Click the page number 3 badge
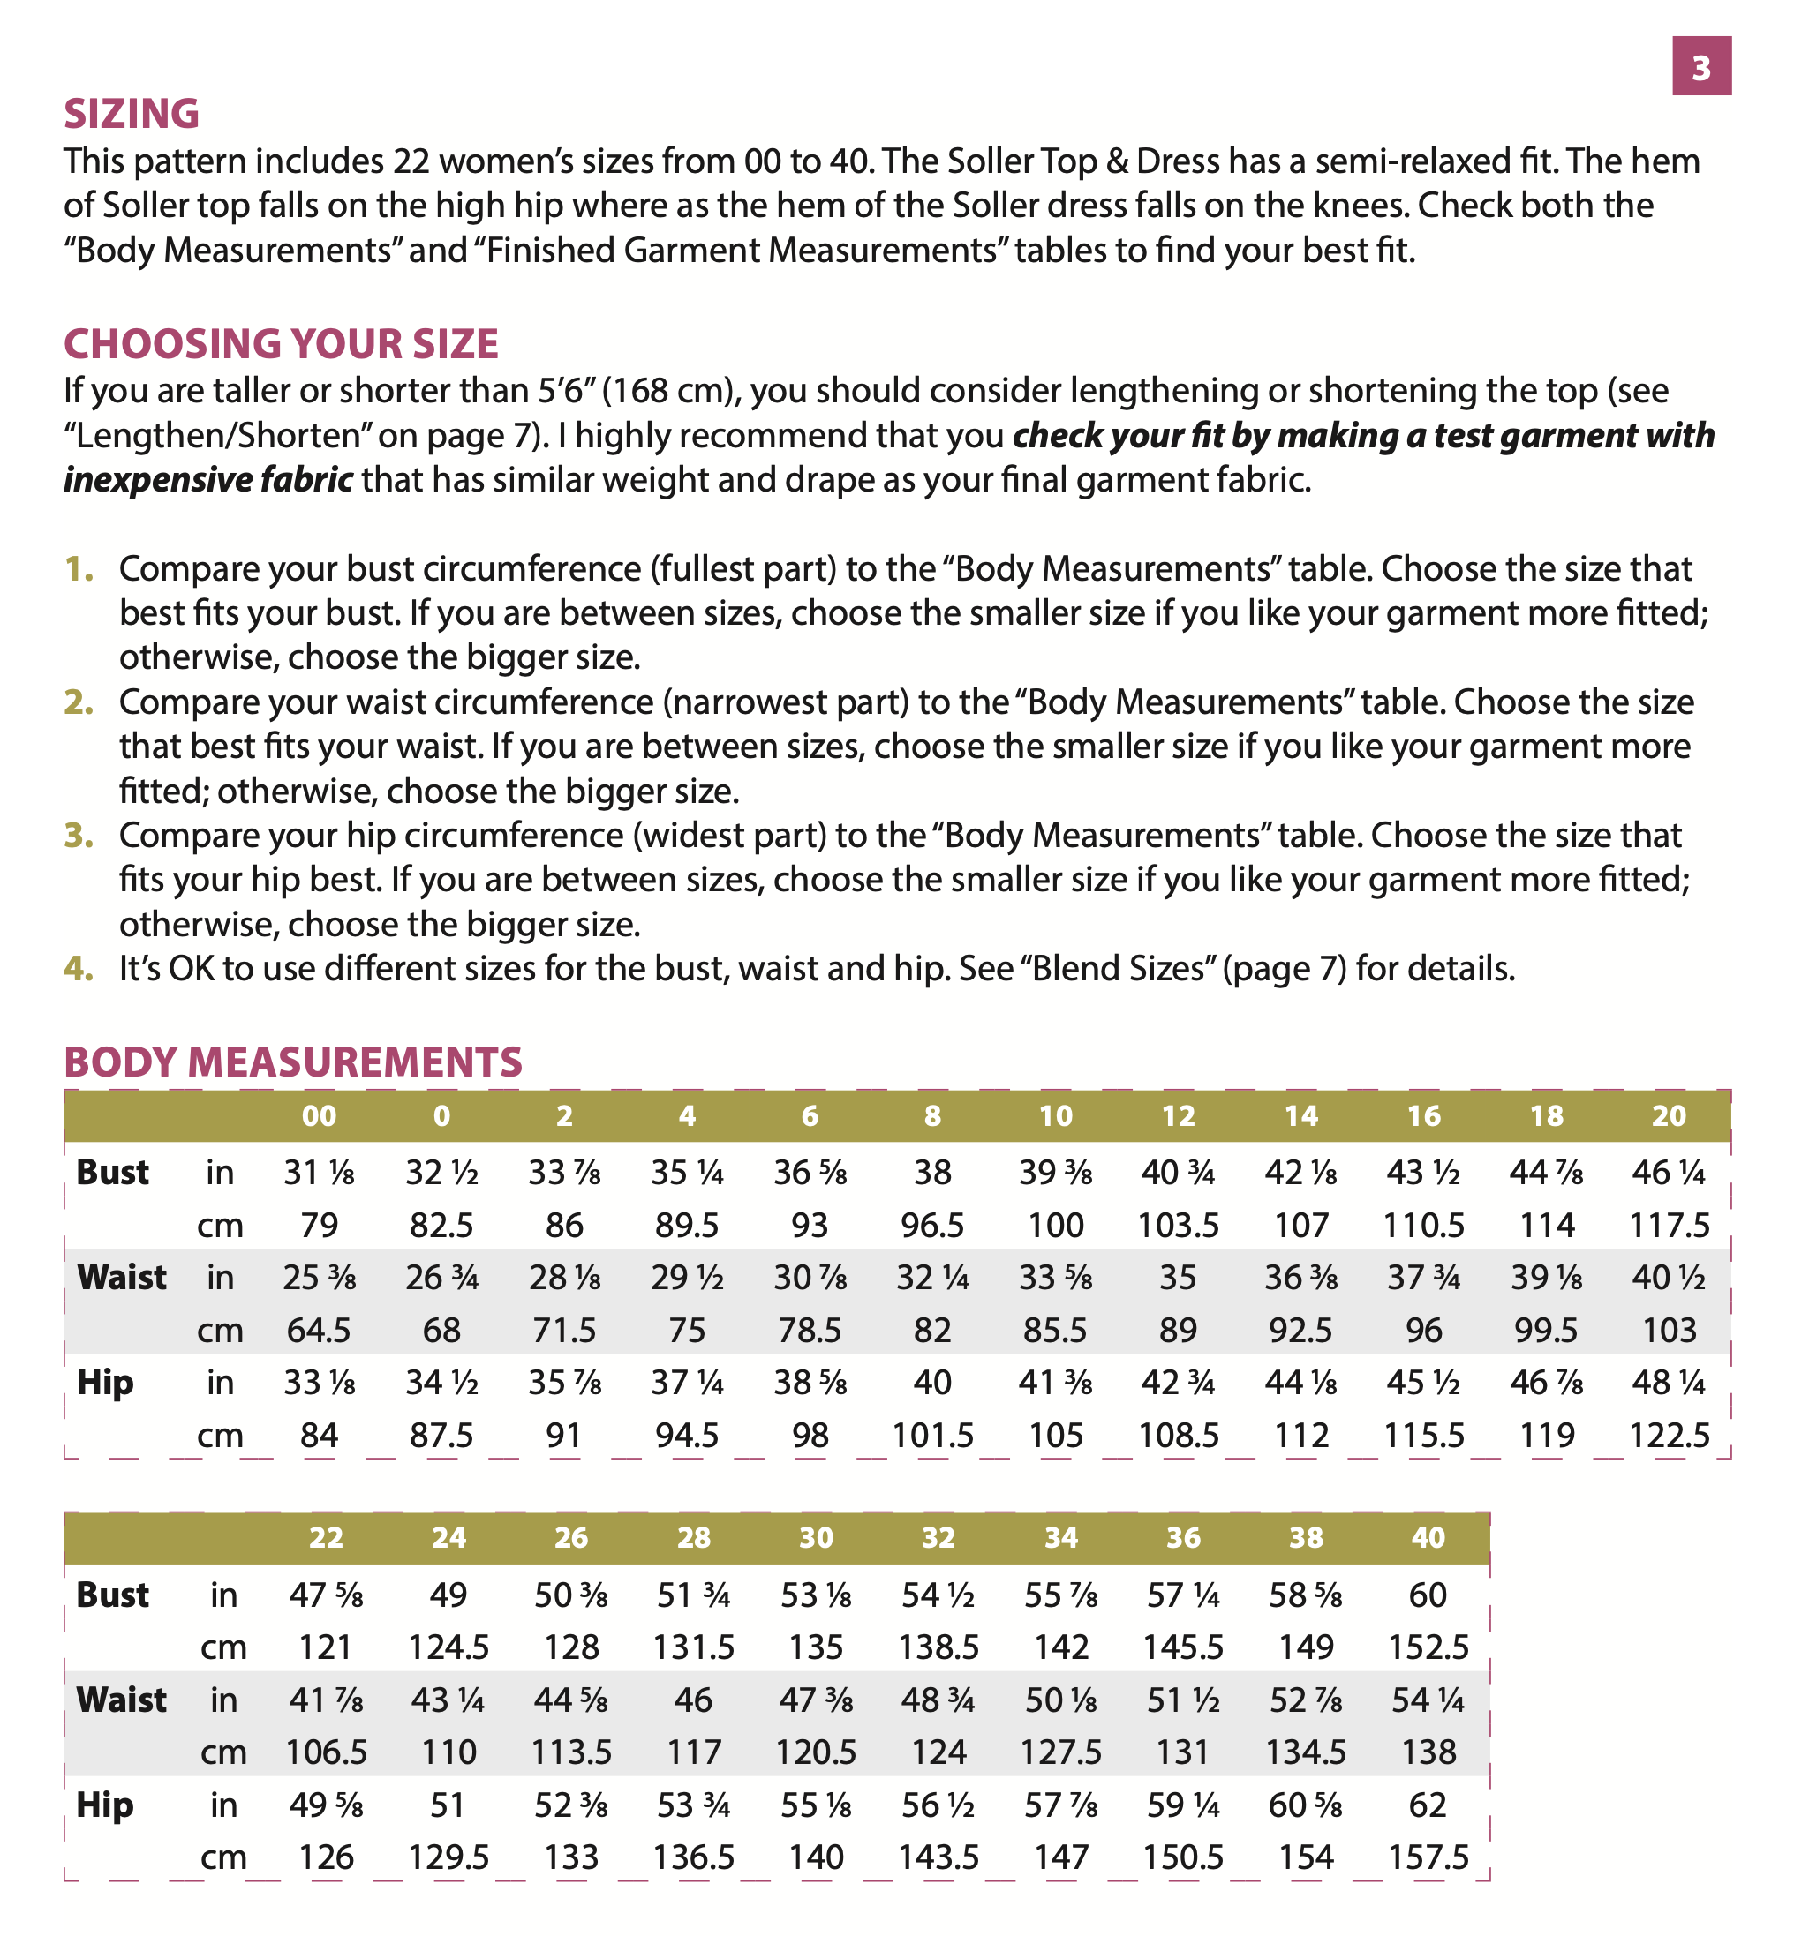tap(1700, 67)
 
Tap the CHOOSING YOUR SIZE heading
tap(281, 344)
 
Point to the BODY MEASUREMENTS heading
tap(292, 1062)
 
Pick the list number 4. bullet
tap(79, 969)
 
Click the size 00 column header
tap(319, 1116)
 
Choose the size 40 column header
tap(1428, 1538)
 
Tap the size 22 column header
tap(325, 1538)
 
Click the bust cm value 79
tap(319, 1225)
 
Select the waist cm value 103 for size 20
tap(1669, 1330)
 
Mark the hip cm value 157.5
tap(1428, 1857)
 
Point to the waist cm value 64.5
tap(319, 1330)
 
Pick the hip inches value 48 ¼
tap(1669, 1382)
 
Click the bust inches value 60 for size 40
tap(1428, 1595)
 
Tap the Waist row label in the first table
tap(121, 1277)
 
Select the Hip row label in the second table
tap(104, 1805)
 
